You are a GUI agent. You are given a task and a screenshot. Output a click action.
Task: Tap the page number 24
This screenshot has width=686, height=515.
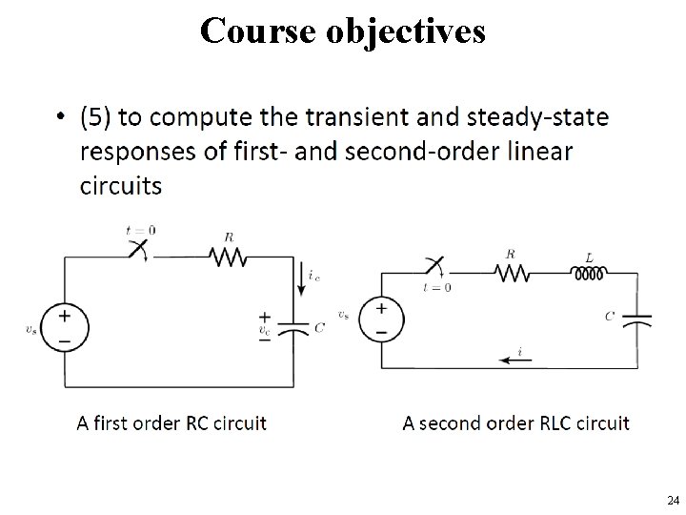tap(673, 500)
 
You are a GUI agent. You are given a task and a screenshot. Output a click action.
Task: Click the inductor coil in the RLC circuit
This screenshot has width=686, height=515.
tap(587, 275)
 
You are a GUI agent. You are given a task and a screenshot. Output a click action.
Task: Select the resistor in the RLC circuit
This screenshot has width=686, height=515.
tap(514, 275)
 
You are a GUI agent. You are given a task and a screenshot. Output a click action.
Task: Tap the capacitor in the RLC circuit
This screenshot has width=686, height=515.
tap(636, 318)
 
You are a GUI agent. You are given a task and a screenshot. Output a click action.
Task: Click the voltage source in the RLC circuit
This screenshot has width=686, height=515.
tap(382, 319)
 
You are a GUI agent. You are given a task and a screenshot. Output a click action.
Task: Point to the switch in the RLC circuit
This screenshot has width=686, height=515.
tap(434, 268)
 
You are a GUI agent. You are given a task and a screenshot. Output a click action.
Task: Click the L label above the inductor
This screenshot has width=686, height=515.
tap(588, 256)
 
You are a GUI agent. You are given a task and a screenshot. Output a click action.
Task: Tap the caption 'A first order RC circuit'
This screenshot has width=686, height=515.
tap(171, 422)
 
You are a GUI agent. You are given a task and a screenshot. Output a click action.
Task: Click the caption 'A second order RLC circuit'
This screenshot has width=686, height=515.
tap(515, 422)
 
